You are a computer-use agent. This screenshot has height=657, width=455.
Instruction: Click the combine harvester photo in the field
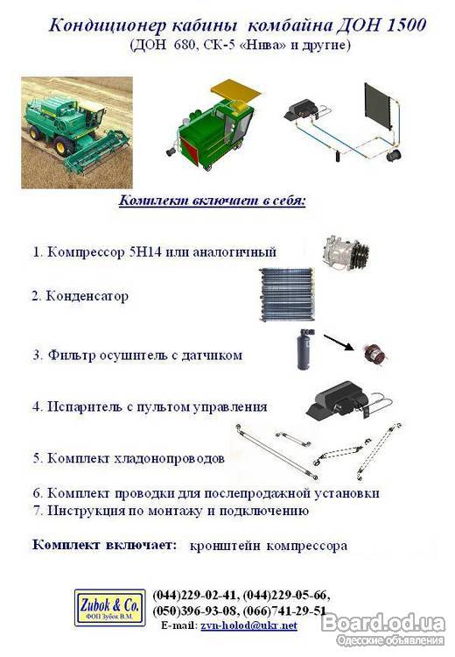pos(77,132)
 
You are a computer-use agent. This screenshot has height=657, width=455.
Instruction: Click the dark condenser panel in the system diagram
pos(377,107)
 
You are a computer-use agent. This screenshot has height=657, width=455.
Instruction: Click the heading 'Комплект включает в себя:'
pos(213,201)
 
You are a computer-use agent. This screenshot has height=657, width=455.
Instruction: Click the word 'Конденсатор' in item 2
pos(87,296)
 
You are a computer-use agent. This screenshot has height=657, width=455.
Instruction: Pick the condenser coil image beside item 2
pos(287,294)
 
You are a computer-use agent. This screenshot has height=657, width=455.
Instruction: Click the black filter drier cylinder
pos(304,350)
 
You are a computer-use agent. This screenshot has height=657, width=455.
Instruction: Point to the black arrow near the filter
pos(339,343)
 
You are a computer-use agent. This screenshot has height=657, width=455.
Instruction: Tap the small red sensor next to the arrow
pos(375,353)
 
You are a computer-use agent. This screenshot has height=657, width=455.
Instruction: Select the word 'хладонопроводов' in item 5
pos(170,458)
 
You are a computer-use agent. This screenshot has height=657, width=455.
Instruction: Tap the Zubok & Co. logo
pos(109,608)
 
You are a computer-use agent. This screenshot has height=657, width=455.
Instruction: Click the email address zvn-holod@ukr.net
pos(248,625)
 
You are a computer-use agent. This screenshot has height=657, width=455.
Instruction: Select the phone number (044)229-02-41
pos(195,596)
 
